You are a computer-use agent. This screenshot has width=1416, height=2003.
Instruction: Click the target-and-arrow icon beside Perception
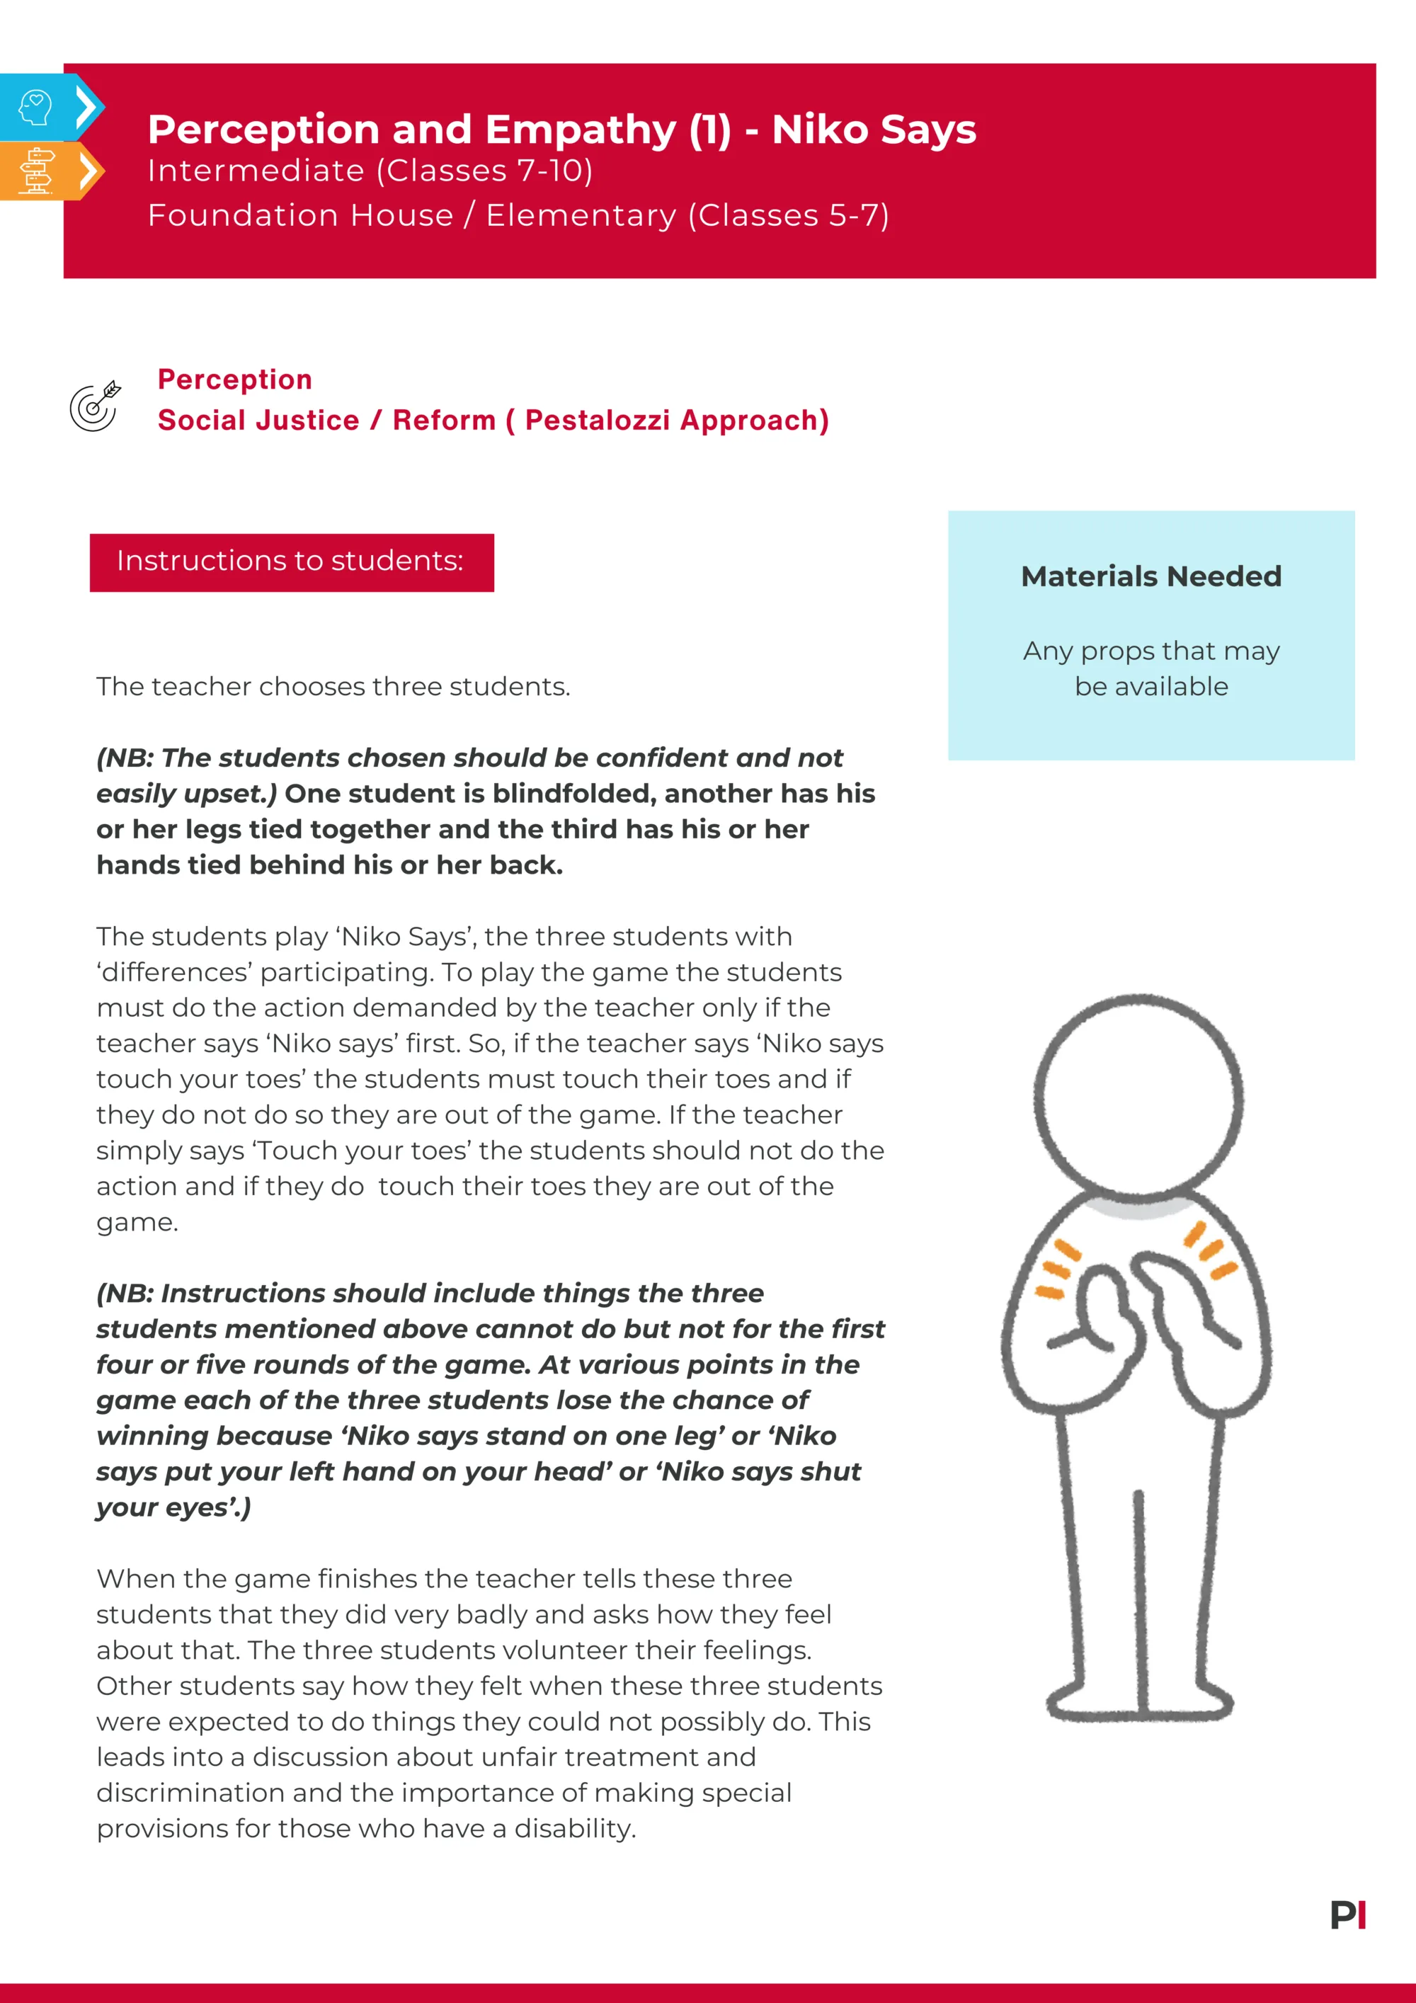(x=95, y=406)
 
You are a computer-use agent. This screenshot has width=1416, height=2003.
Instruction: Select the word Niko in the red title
(x=820, y=129)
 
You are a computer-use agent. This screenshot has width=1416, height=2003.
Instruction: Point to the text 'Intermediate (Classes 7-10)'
(x=370, y=171)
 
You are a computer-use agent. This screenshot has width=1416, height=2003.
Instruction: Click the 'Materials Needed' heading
(x=1150, y=576)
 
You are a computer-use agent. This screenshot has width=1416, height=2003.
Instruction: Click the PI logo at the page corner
(x=1347, y=1915)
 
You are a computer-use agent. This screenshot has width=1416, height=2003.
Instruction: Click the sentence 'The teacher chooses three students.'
(x=333, y=687)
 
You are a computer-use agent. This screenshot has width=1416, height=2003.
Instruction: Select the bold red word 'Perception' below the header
(x=234, y=380)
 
